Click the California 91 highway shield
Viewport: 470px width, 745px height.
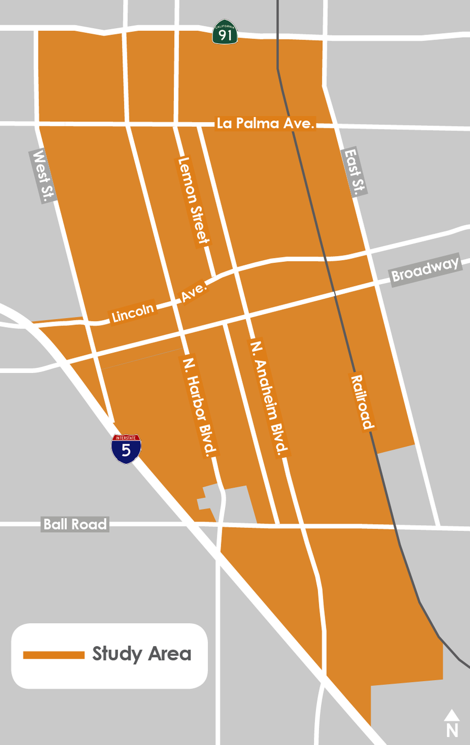pos(225,32)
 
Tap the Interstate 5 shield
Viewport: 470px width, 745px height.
pos(126,449)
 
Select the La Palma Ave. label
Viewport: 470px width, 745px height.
pos(265,123)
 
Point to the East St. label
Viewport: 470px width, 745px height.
pos(355,172)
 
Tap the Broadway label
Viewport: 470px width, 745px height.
pos(425,269)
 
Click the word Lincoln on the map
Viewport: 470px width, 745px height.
pos(133,312)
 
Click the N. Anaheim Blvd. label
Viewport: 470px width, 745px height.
pos(268,399)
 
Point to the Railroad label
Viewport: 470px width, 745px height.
pos(362,402)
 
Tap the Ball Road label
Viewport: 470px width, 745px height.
pos(75,524)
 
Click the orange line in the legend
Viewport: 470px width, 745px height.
pos(53,655)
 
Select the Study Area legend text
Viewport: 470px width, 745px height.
pos(142,654)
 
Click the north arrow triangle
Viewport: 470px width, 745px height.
pos(452,715)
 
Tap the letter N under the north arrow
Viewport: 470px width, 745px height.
pos(452,729)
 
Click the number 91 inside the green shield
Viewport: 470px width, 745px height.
pos(226,36)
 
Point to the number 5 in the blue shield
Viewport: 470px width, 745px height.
pos(126,450)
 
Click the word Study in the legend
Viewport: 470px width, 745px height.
pos(117,654)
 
